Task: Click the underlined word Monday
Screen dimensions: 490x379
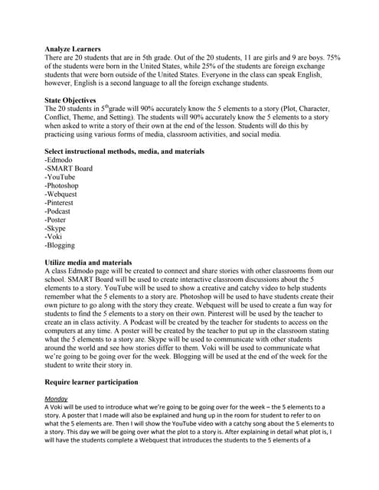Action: point(57,398)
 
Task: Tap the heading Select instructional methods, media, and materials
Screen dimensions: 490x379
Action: point(125,151)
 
